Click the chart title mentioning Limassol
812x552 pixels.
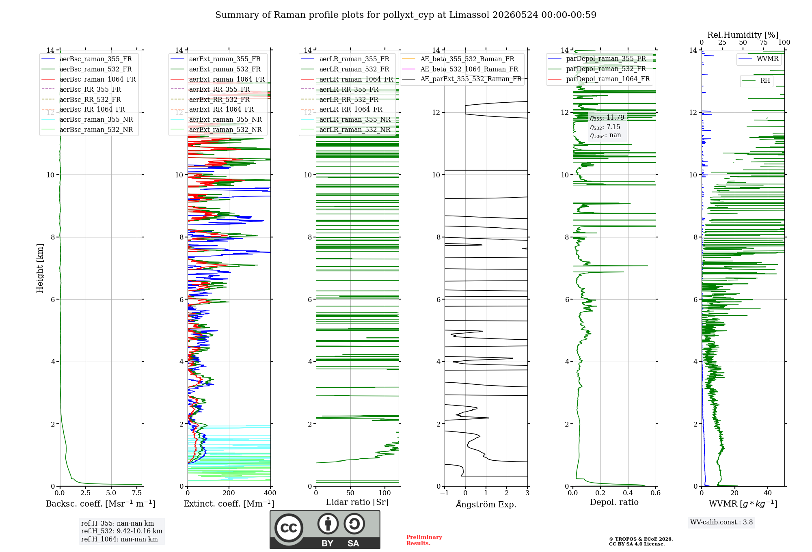coord(406,15)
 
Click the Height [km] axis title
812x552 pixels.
coord(40,268)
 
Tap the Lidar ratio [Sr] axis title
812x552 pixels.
coord(357,502)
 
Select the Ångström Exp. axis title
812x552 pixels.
coord(486,504)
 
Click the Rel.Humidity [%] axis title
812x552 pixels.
coord(743,35)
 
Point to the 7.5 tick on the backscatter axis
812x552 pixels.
coord(137,493)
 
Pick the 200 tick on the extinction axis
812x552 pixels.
coord(229,493)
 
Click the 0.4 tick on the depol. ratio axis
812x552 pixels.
coord(628,493)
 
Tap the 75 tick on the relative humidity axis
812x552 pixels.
coord(764,43)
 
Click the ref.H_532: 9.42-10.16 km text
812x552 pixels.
coord(122,531)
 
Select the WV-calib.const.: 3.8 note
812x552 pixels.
coord(721,522)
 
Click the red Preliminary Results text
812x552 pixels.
coord(424,540)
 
